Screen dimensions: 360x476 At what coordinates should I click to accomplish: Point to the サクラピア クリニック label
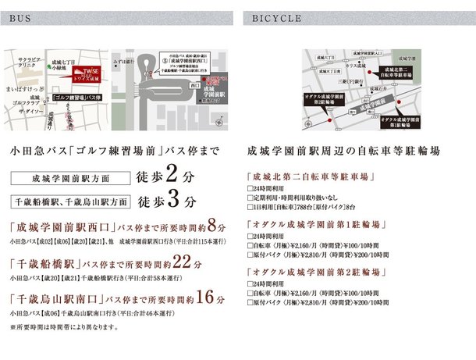click(x=22, y=62)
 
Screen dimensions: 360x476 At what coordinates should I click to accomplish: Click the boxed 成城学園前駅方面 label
click(x=67, y=177)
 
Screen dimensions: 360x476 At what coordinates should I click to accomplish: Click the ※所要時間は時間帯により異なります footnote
click(x=64, y=327)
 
